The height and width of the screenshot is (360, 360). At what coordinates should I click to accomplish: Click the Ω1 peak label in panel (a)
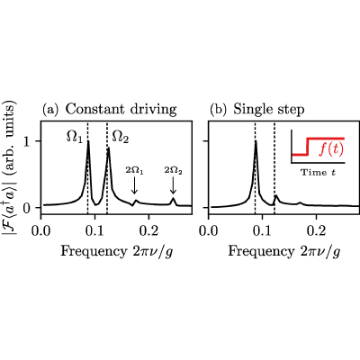pyautogui.click(x=74, y=138)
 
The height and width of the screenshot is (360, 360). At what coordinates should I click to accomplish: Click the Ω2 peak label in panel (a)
pyautogui.click(x=121, y=138)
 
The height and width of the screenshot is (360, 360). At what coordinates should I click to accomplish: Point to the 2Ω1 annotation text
pyautogui.click(x=134, y=171)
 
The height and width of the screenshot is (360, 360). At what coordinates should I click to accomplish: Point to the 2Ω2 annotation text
pyautogui.click(x=174, y=171)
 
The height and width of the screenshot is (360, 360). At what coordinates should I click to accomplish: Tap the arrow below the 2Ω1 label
pyautogui.click(x=134, y=185)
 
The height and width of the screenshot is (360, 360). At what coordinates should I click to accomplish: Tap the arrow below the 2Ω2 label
pyautogui.click(x=173, y=185)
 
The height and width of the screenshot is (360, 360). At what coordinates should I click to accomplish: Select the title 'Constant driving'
pyautogui.click(x=121, y=109)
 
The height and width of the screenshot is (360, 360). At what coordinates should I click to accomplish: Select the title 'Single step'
pyautogui.click(x=269, y=110)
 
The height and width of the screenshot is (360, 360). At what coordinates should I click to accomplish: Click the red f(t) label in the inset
pyautogui.click(x=330, y=149)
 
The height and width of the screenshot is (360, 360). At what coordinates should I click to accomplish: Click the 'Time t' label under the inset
pyautogui.click(x=319, y=173)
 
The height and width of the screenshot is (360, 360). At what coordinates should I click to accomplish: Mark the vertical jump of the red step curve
pyautogui.click(x=307, y=147)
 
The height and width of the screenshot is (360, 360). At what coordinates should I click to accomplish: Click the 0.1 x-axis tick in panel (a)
pyautogui.click(x=94, y=230)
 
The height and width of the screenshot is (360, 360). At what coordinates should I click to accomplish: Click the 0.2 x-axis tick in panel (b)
pyautogui.click(x=316, y=230)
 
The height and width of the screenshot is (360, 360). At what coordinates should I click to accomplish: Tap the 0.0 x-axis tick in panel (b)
pyautogui.click(x=209, y=230)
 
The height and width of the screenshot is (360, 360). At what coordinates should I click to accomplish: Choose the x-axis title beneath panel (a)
pyautogui.click(x=117, y=251)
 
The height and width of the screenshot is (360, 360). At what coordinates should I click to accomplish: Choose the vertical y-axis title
pyautogui.click(x=9, y=165)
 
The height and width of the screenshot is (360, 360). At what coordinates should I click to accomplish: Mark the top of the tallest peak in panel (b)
pyautogui.click(x=256, y=141)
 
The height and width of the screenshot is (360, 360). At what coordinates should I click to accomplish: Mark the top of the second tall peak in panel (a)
pyautogui.click(x=108, y=148)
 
